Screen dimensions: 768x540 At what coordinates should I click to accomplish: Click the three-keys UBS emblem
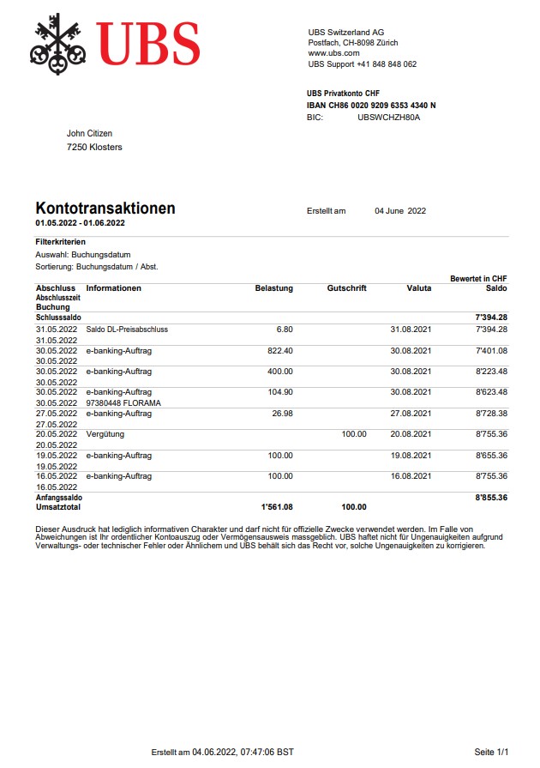click(x=60, y=44)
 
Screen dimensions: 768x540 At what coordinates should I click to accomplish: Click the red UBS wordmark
click(x=148, y=44)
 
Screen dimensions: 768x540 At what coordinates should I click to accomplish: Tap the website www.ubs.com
click(x=333, y=53)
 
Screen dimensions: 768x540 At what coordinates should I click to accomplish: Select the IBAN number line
click(x=371, y=106)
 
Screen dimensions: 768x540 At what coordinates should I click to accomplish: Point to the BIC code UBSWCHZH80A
click(x=388, y=117)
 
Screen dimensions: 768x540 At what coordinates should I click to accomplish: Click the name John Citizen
click(x=89, y=133)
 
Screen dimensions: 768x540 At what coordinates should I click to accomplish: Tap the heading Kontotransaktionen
click(x=105, y=209)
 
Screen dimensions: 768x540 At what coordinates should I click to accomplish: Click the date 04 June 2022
click(x=400, y=211)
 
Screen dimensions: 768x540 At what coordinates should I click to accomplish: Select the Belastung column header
click(x=273, y=288)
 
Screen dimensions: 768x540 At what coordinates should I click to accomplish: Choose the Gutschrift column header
click(x=346, y=288)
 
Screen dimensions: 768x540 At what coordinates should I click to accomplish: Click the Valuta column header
click(x=418, y=288)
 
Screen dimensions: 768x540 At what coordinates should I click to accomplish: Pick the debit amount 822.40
click(x=280, y=350)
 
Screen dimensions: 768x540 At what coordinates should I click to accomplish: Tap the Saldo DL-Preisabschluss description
click(x=127, y=330)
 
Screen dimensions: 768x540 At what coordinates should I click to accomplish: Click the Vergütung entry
click(x=105, y=434)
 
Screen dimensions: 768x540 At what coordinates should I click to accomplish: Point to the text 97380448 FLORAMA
click(x=123, y=402)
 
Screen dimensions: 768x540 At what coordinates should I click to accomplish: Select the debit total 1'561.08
click(x=277, y=507)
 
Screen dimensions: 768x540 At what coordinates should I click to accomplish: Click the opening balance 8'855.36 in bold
click(x=490, y=497)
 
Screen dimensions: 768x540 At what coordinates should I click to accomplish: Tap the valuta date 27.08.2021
click(x=411, y=414)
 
